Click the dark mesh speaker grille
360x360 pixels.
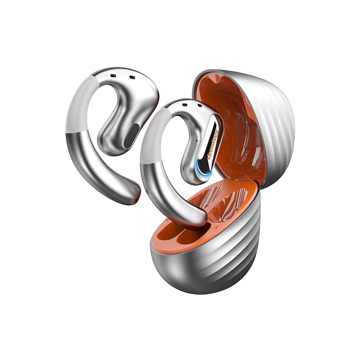(x=132, y=136)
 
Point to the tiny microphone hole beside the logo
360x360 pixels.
(x=197, y=140)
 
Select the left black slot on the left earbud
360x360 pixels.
(x=113, y=76)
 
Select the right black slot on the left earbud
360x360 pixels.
(x=132, y=77)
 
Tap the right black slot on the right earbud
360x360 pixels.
(x=200, y=105)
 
